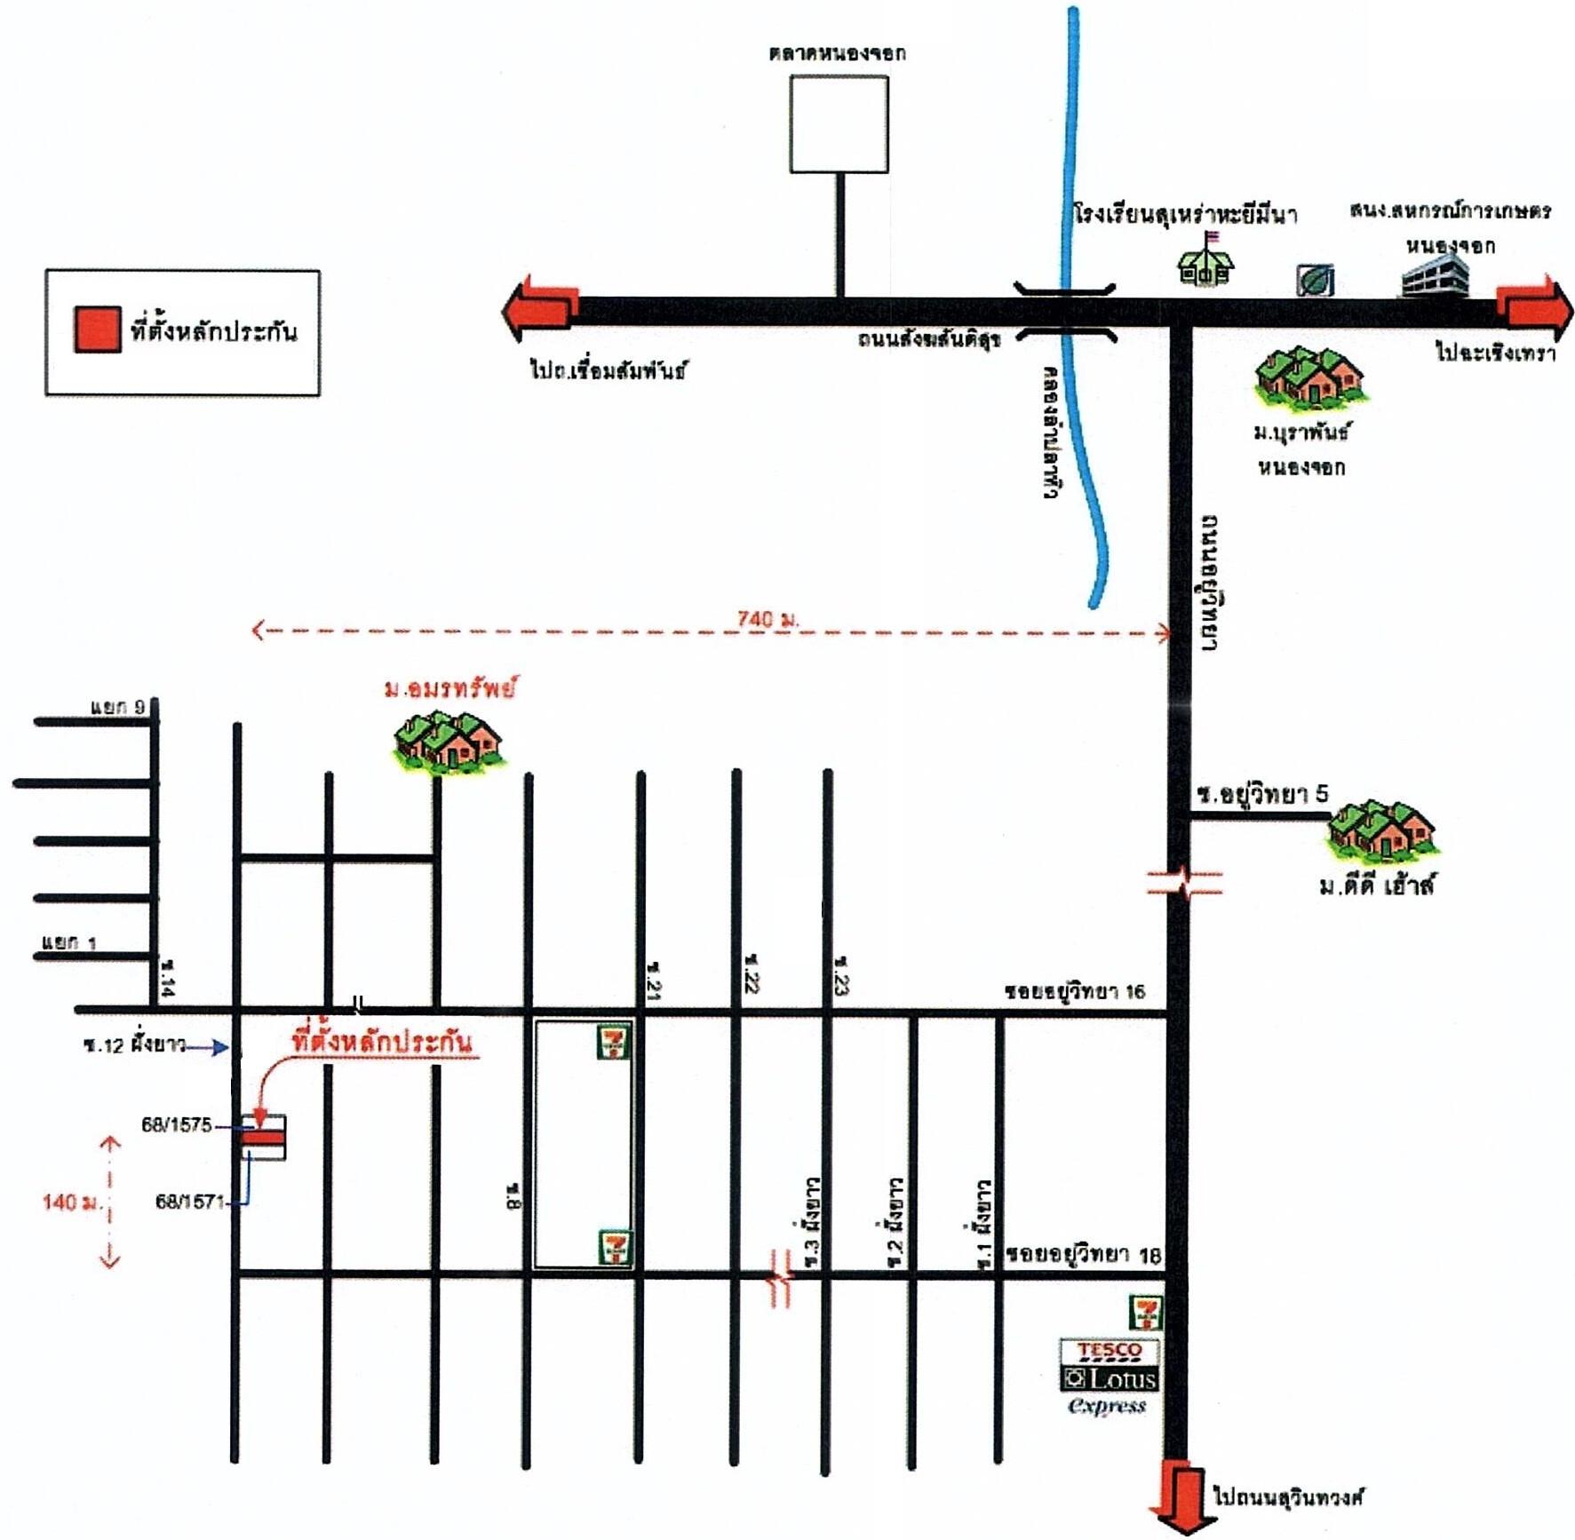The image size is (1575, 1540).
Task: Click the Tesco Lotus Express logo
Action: [x=1109, y=1376]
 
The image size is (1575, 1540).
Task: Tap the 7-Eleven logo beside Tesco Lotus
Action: [x=1144, y=1313]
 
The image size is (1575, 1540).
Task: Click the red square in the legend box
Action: [x=97, y=329]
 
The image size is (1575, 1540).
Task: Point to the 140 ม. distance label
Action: [x=71, y=1202]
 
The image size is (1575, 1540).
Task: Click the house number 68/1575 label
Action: [x=177, y=1124]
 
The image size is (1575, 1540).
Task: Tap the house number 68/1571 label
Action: [x=190, y=1201]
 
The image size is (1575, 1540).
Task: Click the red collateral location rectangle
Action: [x=263, y=1138]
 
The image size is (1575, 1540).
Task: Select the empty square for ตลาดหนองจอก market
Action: [x=839, y=124]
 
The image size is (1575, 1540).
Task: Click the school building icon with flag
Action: [x=1205, y=262]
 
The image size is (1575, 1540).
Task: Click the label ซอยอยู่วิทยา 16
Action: [x=1075, y=990]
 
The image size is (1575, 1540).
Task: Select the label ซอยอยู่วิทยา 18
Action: [x=1083, y=1254]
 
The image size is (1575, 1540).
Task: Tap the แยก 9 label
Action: [x=117, y=707]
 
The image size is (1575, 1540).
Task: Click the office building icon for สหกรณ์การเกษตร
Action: [x=1434, y=274]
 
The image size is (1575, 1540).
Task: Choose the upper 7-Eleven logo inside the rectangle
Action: [x=613, y=1041]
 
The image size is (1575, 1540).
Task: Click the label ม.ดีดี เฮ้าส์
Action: [x=1375, y=885]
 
